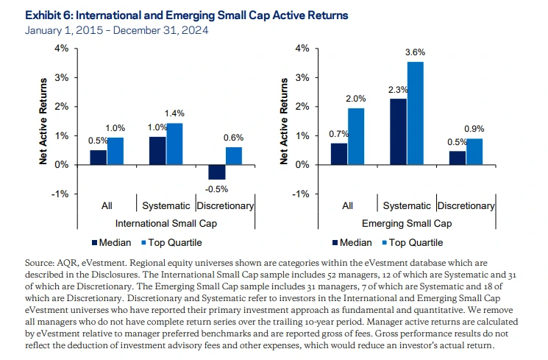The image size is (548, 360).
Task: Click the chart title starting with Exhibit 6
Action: coord(187,15)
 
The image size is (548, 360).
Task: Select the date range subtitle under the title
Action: coord(116,30)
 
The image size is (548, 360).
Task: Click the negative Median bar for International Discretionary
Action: coord(217,172)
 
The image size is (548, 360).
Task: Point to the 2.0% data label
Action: coord(357,99)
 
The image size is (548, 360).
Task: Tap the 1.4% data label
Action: coord(174,114)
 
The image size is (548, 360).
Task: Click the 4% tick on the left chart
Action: coord(62,49)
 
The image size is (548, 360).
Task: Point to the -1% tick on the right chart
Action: coord(299,194)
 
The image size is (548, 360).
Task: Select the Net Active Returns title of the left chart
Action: coord(44,121)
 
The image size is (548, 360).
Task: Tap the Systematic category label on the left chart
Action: coord(166,206)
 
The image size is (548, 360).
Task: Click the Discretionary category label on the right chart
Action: coord(466,206)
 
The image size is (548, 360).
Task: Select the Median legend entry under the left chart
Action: coord(111,242)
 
